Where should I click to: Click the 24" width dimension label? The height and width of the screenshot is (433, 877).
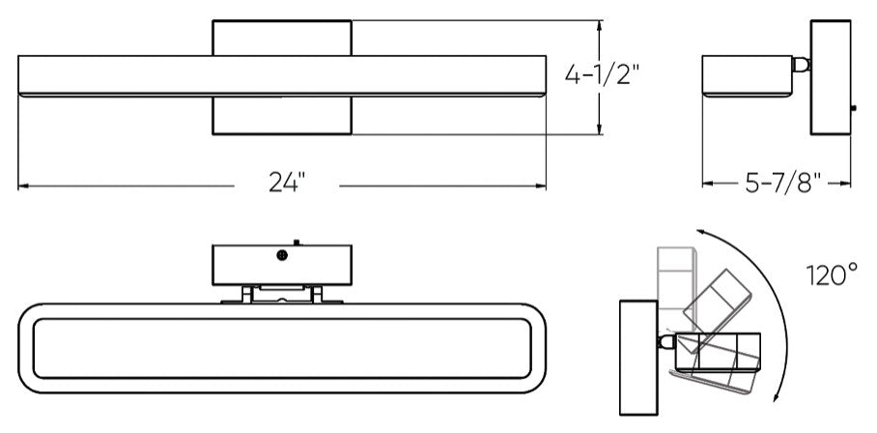pos(287,182)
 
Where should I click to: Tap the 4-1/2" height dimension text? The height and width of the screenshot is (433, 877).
pos(602,73)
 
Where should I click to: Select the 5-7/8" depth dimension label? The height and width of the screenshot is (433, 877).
pos(783,183)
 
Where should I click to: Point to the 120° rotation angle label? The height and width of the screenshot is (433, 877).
pos(832,274)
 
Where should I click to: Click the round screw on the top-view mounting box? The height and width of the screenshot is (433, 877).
pos(282,255)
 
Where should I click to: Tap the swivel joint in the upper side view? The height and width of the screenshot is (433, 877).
pos(801,65)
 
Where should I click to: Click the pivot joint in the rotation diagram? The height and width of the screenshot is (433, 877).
pos(666,341)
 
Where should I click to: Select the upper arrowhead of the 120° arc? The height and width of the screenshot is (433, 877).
pos(700,232)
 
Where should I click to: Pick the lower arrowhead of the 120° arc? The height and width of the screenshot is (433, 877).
pos(776,396)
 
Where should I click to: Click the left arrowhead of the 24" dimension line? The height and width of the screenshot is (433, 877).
pos(23,186)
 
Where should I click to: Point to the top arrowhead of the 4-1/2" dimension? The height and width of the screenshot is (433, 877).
pos(599,26)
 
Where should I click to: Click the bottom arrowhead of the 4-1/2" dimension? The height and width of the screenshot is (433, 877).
pos(599,130)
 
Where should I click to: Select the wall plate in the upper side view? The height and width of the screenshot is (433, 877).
pos(831,77)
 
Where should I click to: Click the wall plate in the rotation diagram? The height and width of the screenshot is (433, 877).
pos(638,358)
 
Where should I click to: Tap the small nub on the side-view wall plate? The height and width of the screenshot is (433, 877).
pos(853,108)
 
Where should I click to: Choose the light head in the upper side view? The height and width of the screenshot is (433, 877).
pos(748,76)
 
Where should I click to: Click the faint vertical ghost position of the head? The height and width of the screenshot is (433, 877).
pos(676,290)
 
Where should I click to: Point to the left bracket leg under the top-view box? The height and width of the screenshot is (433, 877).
pos(246,294)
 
